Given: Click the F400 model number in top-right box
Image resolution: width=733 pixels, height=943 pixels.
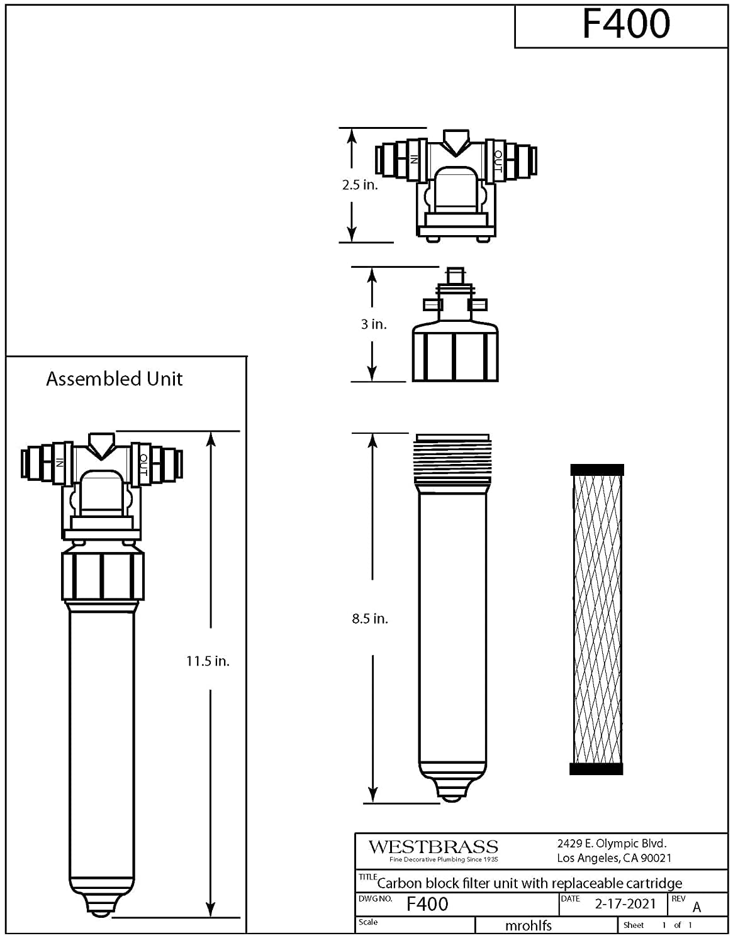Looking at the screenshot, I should (625, 25).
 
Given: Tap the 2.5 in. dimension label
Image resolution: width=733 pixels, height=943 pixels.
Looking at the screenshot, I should (360, 185).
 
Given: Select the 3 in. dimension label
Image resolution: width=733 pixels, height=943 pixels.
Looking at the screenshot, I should (373, 324).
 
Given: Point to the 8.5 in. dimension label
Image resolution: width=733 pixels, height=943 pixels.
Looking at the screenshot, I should (369, 619).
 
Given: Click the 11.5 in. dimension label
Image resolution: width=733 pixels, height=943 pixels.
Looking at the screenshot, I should (208, 661).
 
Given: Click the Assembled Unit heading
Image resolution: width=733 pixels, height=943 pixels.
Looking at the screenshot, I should (114, 379).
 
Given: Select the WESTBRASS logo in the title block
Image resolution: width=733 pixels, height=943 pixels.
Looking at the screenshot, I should (433, 847).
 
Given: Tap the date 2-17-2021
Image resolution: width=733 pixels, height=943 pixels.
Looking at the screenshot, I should (625, 904).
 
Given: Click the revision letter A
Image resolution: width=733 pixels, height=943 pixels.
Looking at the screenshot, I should (697, 907).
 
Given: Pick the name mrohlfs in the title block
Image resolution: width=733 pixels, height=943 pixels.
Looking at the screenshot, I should (528, 925).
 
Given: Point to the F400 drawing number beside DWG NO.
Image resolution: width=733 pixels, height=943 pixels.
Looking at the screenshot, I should (427, 904).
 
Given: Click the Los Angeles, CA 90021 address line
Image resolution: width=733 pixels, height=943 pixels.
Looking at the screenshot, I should (613, 858).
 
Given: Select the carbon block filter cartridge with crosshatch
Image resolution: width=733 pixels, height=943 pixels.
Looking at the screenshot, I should (596, 619).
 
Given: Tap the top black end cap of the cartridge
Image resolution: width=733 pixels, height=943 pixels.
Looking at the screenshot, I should (596, 470).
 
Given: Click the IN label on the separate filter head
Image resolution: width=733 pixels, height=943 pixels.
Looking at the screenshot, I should (414, 159).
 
